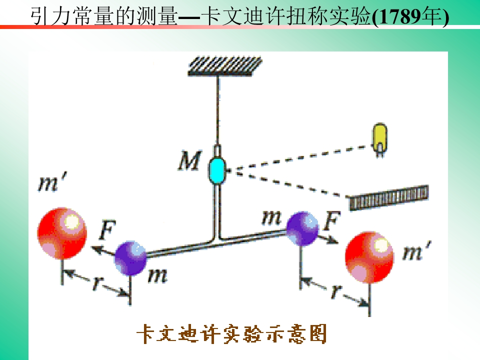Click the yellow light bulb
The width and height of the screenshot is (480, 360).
379,140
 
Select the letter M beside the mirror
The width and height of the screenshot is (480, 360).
190,160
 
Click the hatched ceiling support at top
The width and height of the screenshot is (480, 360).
225,66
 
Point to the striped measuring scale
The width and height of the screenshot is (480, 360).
389,198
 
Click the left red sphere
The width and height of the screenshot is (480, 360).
62,233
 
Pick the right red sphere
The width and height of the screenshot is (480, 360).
369,257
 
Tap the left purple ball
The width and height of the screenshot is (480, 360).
130,258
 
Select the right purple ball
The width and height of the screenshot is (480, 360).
302,228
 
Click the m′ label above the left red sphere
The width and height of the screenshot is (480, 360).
52,182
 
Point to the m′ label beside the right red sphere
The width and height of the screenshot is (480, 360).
416,251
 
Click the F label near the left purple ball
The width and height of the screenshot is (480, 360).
107,229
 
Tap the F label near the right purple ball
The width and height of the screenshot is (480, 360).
332,220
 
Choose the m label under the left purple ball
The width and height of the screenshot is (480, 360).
157,275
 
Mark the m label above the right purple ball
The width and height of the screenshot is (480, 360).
271,218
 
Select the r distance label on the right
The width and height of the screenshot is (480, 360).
336,291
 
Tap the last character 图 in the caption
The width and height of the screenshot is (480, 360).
318,333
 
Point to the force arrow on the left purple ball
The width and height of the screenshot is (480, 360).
103,250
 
